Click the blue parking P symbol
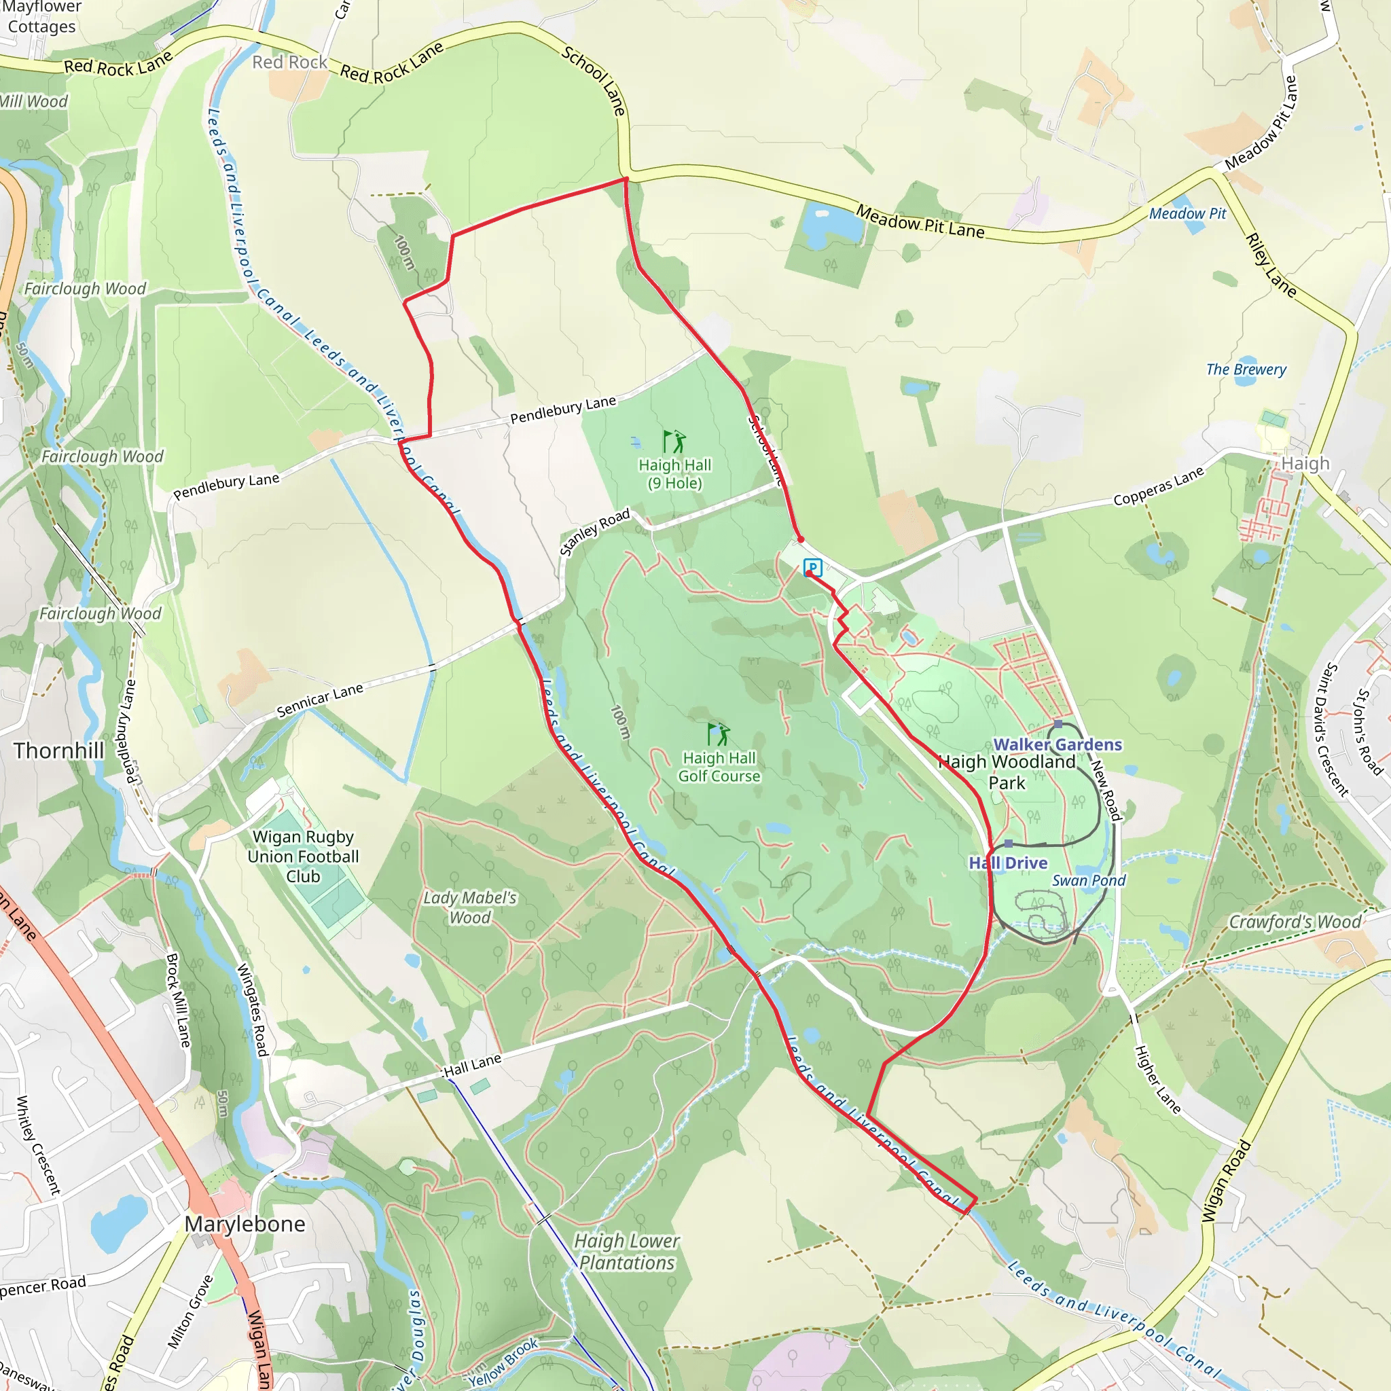click(x=813, y=567)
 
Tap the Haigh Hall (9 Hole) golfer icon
click(x=674, y=441)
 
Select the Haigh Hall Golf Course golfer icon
click(x=719, y=734)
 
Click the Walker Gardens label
click(x=1057, y=744)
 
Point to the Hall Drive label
click(x=1008, y=863)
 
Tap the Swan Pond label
click(x=1089, y=880)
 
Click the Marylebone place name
click(x=245, y=1224)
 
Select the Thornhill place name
click(x=59, y=751)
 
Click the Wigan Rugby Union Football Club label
click(x=302, y=856)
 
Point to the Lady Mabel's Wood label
click(x=469, y=907)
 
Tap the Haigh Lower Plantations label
click(x=626, y=1252)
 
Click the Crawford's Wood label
click(x=1295, y=922)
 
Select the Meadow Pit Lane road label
click(x=920, y=221)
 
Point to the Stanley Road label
click(x=595, y=531)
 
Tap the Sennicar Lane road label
click(x=320, y=700)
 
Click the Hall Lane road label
click(x=472, y=1065)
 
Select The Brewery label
click(x=1246, y=369)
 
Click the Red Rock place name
click(x=289, y=62)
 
